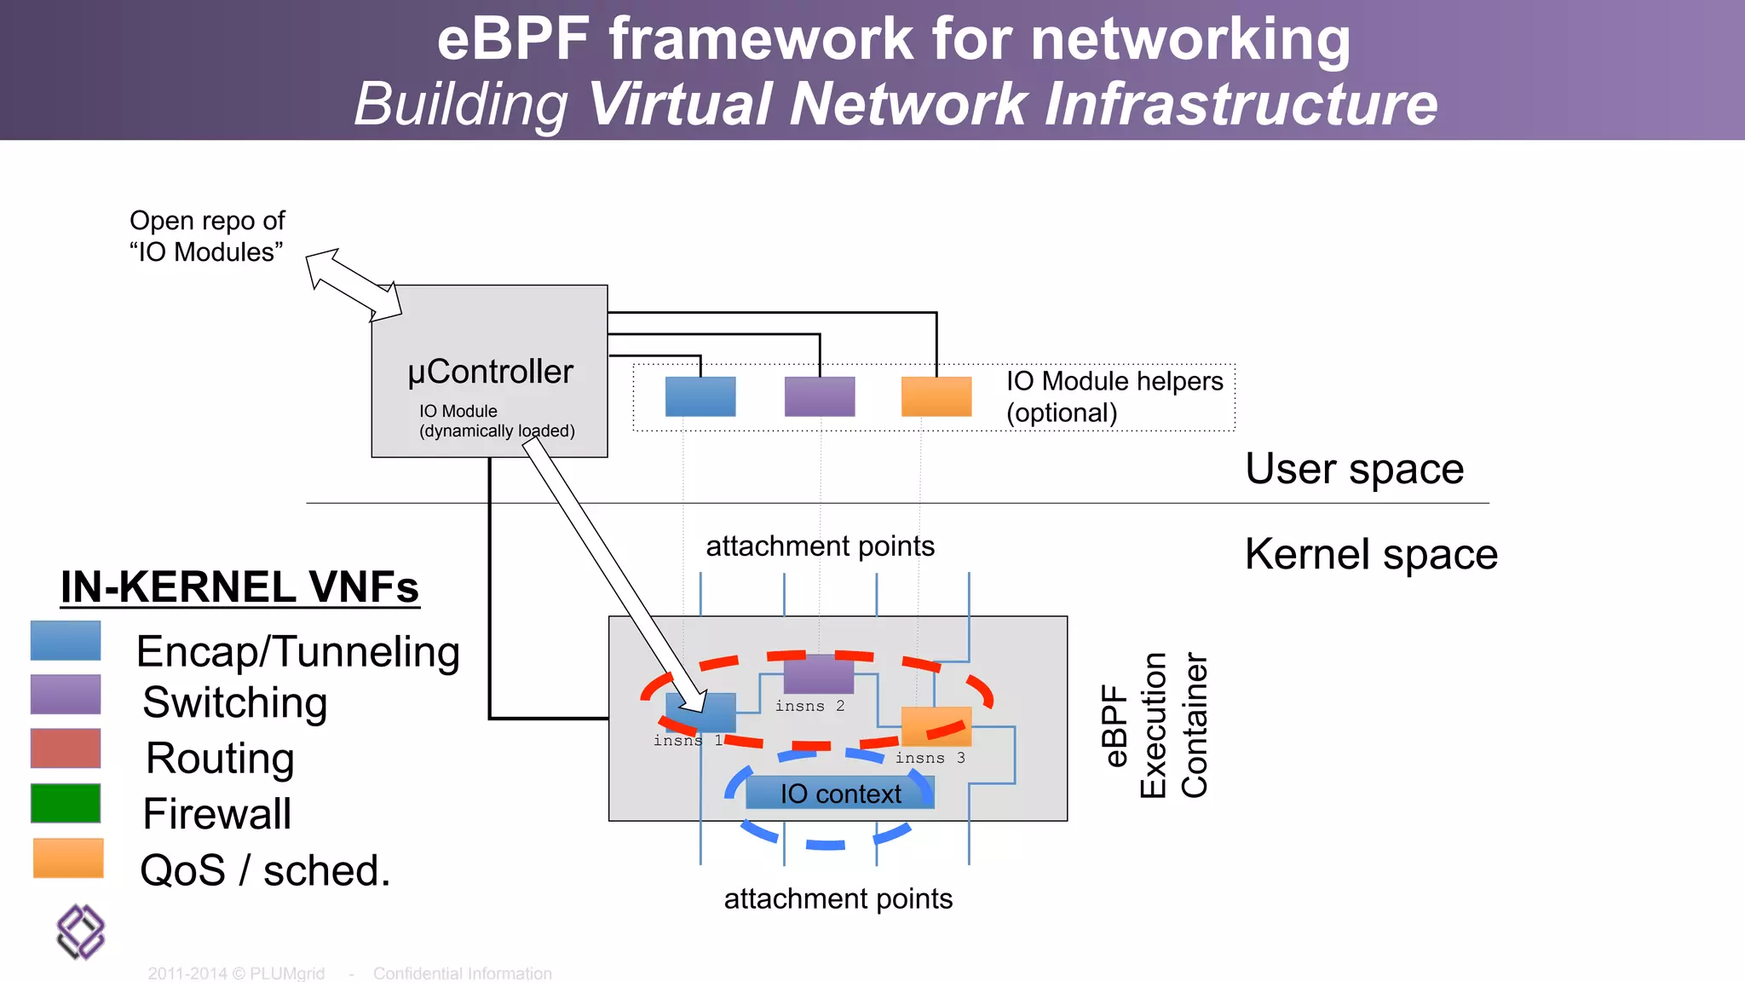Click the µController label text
(x=490, y=373)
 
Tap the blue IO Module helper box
(x=700, y=396)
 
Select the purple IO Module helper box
(x=820, y=396)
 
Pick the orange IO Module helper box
(x=936, y=396)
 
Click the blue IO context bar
(x=840, y=793)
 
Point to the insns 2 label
(x=809, y=706)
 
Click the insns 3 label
(x=930, y=758)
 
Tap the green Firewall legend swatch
(x=66, y=803)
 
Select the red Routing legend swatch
(x=66, y=748)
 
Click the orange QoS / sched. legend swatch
(x=68, y=858)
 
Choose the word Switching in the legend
(x=235, y=703)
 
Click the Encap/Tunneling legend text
(x=298, y=653)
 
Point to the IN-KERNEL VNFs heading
(x=240, y=587)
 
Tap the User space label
(x=1355, y=470)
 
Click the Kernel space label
(x=1372, y=555)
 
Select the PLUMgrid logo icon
(x=81, y=932)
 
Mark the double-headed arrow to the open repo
(x=354, y=285)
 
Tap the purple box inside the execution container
(x=819, y=674)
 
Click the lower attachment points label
(x=838, y=899)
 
